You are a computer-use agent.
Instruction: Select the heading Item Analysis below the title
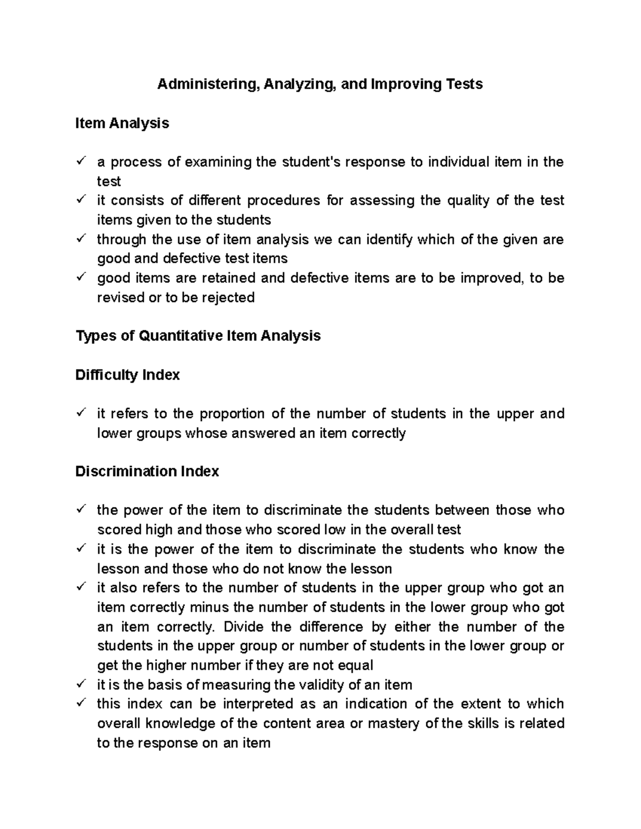pos(122,123)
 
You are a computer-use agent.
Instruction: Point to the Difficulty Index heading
pos(127,375)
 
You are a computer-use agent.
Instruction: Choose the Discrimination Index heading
pos(147,471)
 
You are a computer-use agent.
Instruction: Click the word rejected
pos(226,297)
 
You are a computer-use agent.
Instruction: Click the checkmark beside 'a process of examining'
pos(81,161)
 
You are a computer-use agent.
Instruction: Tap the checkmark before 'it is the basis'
pos(81,684)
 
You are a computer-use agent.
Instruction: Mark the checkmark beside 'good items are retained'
pos(81,277)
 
